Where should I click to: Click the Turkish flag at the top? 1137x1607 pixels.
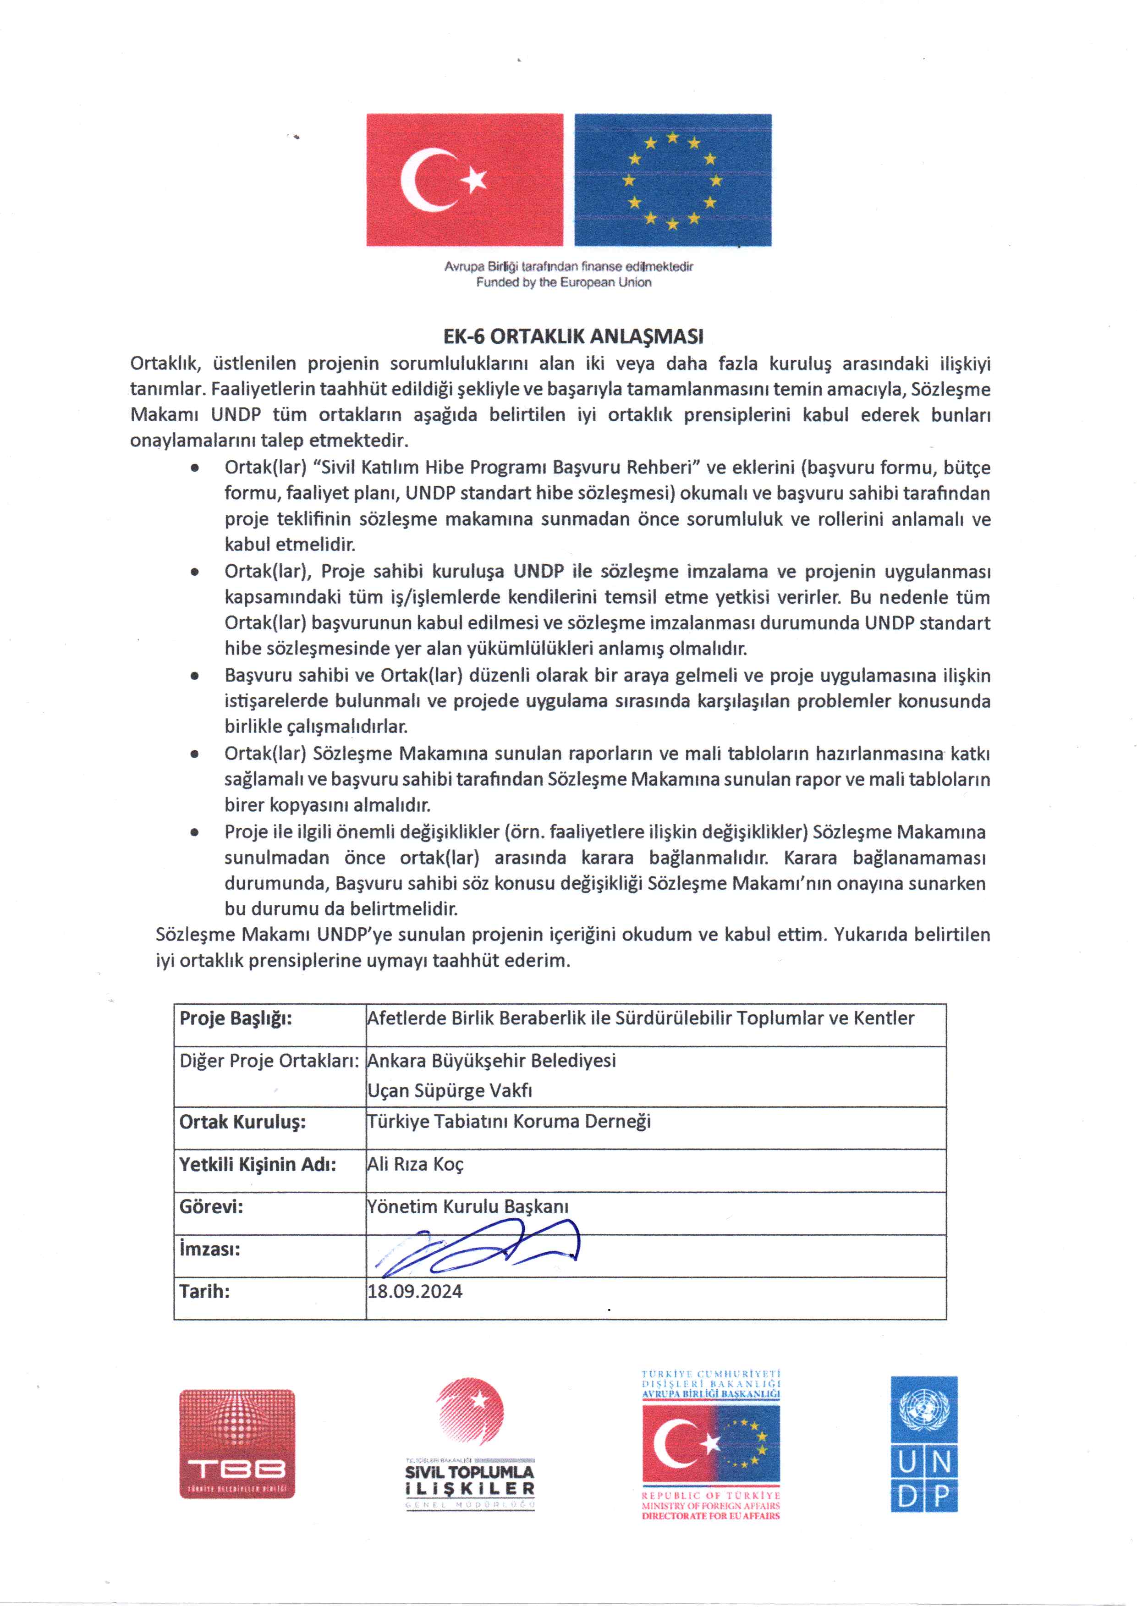(x=464, y=179)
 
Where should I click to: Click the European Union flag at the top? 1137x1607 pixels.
(x=672, y=179)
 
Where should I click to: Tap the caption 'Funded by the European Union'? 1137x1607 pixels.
(x=564, y=282)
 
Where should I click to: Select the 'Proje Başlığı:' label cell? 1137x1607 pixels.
(x=236, y=1018)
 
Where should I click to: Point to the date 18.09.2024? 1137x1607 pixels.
(x=414, y=1291)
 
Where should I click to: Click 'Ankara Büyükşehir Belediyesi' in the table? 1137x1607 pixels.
(x=491, y=1060)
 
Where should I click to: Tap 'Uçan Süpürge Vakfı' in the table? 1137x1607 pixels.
(x=450, y=1090)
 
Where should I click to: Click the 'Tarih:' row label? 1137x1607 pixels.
(x=204, y=1291)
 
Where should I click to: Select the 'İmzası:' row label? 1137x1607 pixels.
(x=209, y=1249)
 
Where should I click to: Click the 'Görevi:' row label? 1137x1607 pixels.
(x=211, y=1206)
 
